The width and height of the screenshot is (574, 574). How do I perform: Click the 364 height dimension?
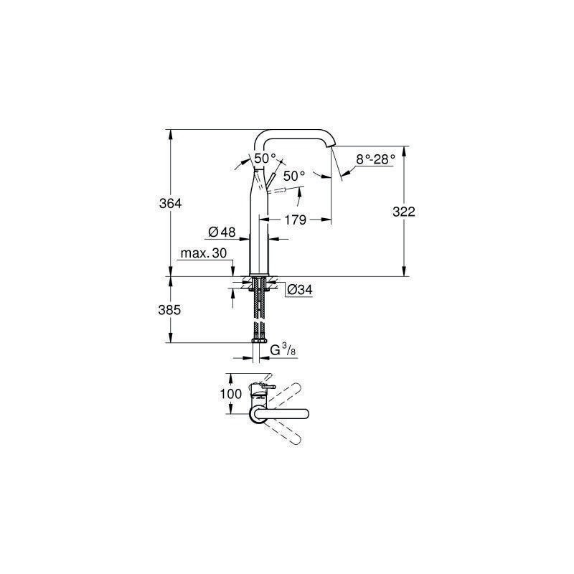(x=170, y=204)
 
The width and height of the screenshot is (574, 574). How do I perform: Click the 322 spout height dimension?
(x=404, y=212)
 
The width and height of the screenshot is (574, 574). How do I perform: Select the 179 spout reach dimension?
(x=295, y=220)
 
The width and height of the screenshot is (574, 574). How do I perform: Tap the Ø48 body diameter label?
(x=222, y=232)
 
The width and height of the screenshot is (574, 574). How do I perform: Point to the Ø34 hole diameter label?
(x=300, y=290)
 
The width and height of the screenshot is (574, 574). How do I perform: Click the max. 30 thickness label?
(x=204, y=253)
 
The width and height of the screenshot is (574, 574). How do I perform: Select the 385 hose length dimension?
(x=169, y=310)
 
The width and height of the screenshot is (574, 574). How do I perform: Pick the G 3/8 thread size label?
(x=283, y=350)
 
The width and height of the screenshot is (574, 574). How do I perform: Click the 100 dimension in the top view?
(x=230, y=394)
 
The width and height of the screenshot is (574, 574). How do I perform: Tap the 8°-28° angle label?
(x=375, y=159)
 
